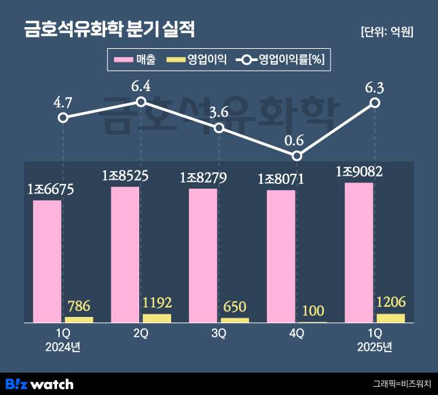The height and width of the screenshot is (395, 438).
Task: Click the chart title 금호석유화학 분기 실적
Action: [x=109, y=30]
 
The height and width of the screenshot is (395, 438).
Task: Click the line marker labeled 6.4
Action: [x=141, y=102]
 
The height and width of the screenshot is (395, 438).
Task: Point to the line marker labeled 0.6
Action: [x=297, y=155]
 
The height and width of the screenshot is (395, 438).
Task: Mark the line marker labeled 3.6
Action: [x=219, y=128]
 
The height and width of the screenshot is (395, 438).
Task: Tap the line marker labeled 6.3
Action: [x=375, y=102]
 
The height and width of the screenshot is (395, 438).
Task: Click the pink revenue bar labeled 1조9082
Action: [x=359, y=252]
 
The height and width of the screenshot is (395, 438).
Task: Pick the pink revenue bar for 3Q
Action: [x=203, y=255]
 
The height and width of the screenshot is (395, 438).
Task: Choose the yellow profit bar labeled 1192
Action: [x=157, y=318]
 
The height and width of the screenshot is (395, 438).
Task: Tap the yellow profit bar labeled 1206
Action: [x=390, y=318]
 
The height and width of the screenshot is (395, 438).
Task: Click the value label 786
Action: [x=79, y=306]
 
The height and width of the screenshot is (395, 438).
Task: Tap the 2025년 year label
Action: [x=375, y=347]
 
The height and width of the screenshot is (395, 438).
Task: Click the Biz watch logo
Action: [x=39, y=383]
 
